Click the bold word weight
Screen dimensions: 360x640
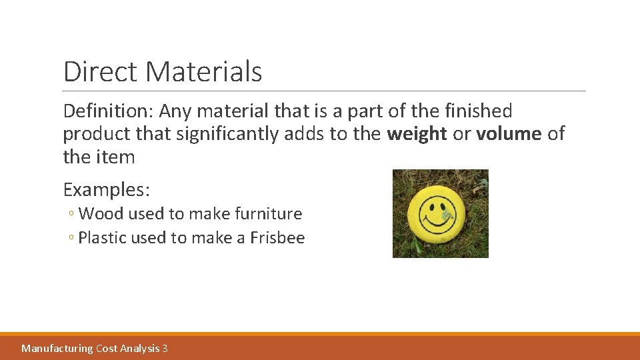(417, 134)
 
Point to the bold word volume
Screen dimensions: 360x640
(509, 134)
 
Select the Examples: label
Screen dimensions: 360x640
(107, 190)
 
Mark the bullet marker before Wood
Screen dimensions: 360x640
(71, 215)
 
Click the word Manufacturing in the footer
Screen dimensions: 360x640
(57, 348)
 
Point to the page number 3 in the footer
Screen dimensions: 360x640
(165, 348)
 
